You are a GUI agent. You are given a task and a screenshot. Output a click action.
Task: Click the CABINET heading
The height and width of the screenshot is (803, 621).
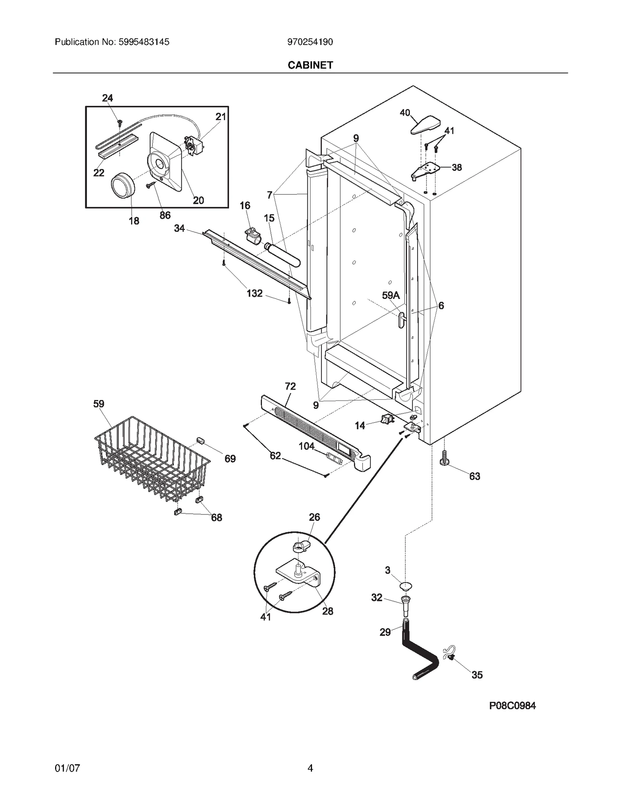coord(310,65)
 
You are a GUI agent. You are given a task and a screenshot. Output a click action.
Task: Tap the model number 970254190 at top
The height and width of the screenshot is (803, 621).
coord(310,42)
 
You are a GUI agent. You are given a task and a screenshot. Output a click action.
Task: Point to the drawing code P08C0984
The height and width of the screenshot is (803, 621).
coord(512,706)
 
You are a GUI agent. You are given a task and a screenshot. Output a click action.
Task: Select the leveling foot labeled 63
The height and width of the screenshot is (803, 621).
coord(445,459)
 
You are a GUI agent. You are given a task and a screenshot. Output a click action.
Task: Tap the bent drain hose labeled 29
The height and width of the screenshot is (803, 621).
coord(419,655)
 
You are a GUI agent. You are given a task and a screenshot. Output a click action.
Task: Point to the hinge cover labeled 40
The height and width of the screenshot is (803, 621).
coord(425,124)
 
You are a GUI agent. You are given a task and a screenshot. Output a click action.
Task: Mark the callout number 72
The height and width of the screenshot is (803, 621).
coord(290,386)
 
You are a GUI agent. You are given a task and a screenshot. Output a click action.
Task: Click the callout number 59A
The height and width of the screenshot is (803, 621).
coord(390,295)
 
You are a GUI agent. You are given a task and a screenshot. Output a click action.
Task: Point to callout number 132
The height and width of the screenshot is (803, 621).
coord(255,294)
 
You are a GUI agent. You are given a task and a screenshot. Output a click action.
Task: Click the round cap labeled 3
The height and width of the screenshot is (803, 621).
coord(406,586)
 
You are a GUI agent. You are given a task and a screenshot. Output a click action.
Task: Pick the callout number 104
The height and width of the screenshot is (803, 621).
coord(306,446)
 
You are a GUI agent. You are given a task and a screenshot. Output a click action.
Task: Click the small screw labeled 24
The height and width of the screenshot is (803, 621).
coord(120,123)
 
